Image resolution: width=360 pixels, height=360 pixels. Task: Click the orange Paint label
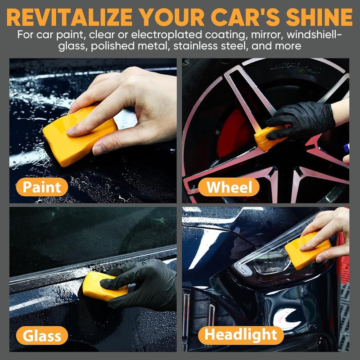(42, 187)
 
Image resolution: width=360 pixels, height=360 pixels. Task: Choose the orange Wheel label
(229, 187)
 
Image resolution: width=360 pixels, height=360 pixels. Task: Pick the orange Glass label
(42, 335)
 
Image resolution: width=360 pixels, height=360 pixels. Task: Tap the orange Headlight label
(241, 335)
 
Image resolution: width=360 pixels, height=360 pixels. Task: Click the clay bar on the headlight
(307, 252)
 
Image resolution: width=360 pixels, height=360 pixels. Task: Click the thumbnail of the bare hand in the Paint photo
(99, 150)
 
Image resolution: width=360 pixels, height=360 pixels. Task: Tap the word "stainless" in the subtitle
(196, 46)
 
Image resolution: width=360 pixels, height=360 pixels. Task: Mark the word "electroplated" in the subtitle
(167, 35)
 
